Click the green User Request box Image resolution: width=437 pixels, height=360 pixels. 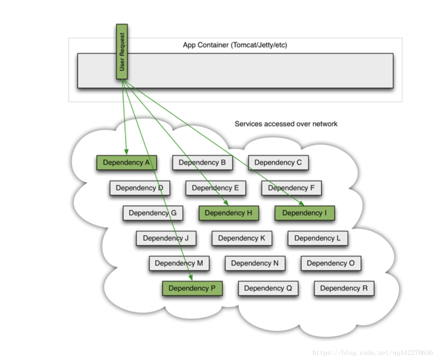point(122,51)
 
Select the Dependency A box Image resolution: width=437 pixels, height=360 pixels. point(126,162)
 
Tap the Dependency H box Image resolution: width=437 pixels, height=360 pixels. point(229,213)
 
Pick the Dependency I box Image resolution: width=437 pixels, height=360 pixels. point(305,213)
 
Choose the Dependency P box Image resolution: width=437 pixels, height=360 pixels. point(192,288)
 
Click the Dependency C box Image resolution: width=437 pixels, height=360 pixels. point(278,162)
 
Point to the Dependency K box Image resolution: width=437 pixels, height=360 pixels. point(242,238)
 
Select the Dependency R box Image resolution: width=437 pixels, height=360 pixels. point(344,288)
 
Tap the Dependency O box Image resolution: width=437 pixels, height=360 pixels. point(331,263)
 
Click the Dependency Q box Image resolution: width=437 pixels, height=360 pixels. point(268,288)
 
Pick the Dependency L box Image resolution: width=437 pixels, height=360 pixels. point(318,238)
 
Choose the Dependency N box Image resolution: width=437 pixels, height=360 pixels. point(255,263)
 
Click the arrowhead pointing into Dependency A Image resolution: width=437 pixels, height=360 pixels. point(126,152)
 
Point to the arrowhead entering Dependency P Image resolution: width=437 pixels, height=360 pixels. point(191,277)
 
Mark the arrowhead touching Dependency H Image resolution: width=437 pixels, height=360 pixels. point(226,203)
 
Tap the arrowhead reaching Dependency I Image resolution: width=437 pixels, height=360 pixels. point(301,203)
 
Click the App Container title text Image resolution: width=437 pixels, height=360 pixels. point(235,45)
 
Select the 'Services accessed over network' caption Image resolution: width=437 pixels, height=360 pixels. point(286,124)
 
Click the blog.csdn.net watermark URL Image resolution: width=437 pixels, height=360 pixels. point(372,353)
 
